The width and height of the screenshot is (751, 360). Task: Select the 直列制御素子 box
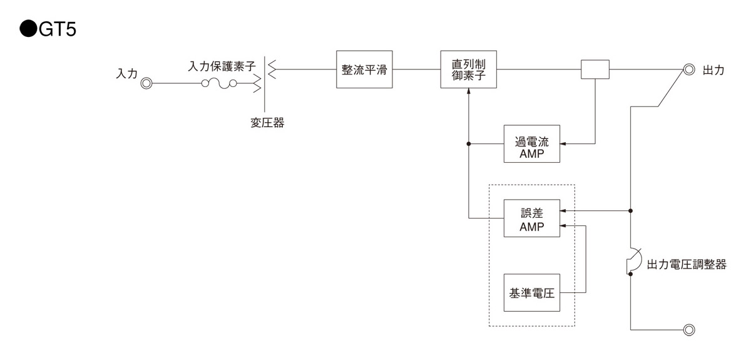pyautogui.click(x=469, y=69)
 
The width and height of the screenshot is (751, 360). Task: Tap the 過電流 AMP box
pyautogui.click(x=531, y=144)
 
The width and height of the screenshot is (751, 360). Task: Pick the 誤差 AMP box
pyautogui.click(x=531, y=218)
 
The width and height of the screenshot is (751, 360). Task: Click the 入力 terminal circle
pyautogui.click(x=146, y=83)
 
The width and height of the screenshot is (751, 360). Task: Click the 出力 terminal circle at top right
pyautogui.click(x=689, y=69)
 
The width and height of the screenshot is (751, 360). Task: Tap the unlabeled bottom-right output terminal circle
pyautogui.click(x=689, y=329)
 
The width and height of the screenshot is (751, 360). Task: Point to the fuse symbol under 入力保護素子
pyautogui.click(x=218, y=83)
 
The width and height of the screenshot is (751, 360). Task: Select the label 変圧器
pyautogui.click(x=263, y=123)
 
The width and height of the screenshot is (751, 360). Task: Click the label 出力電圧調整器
pyautogui.click(x=687, y=264)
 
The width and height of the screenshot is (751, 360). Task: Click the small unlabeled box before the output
pyautogui.click(x=595, y=69)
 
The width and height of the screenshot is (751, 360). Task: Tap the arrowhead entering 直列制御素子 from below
pyautogui.click(x=469, y=92)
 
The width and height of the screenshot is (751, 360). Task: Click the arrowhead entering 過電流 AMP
pyautogui.click(x=563, y=144)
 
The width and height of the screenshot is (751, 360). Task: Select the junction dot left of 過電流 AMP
pyautogui.click(x=469, y=144)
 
